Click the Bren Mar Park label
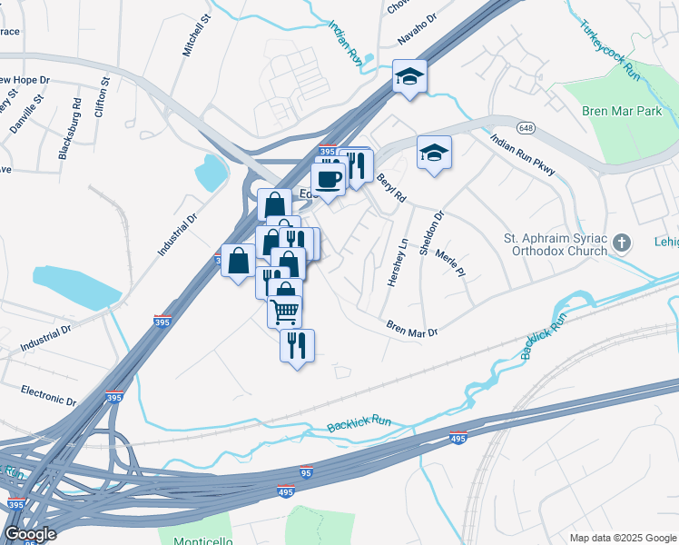[x=622, y=111]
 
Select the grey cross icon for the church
[x=622, y=242]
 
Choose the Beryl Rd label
[x=391, y=187]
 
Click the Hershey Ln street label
[x=398, y=263]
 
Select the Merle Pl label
[x=450, y=262]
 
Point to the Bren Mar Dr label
[x=412, y=328]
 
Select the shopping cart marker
[x=284, y=312]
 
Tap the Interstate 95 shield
[x=306, y=473]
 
